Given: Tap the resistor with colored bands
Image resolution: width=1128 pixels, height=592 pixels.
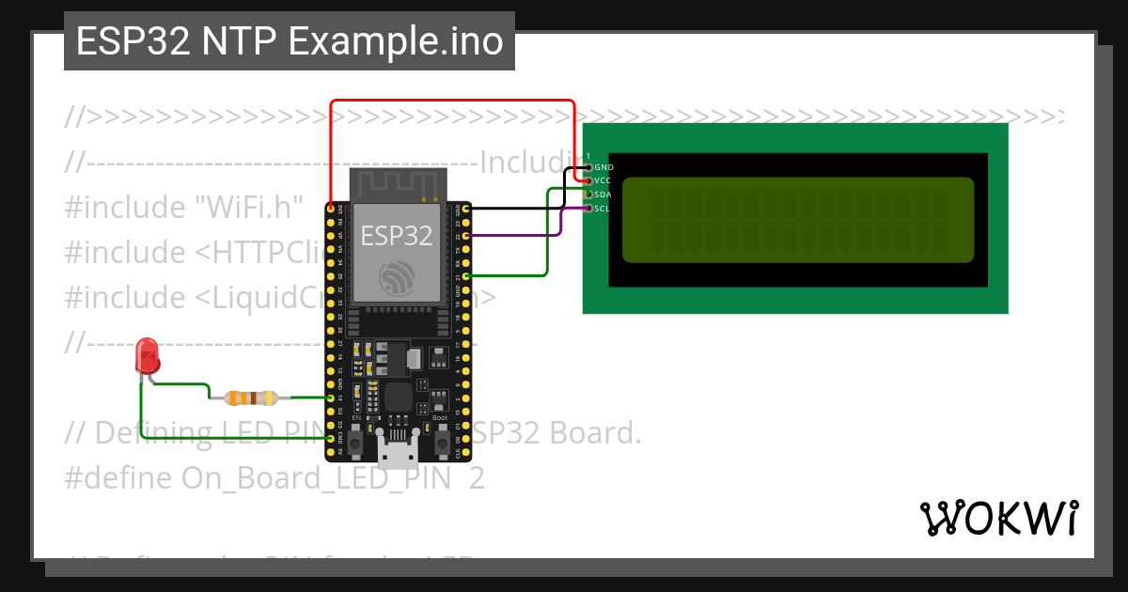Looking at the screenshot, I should tap(250, 397).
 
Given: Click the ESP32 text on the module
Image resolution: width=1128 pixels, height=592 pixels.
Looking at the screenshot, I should tap(397, 235).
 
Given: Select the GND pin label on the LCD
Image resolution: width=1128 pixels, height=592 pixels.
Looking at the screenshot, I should tap(603, 167).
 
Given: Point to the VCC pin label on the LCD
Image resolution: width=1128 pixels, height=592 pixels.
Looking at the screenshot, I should tap(603, 180).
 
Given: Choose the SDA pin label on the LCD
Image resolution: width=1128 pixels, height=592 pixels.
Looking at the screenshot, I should tap(603, 195).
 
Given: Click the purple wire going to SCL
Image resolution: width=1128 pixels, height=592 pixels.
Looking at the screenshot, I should tap(560, 222).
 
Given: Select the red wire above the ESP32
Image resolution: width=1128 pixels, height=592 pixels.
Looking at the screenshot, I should tap(451, 100).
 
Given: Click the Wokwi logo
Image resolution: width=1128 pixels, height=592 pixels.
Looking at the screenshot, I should tap(998, 518).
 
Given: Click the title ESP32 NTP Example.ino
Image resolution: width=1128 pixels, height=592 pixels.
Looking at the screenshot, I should tap(290, 42).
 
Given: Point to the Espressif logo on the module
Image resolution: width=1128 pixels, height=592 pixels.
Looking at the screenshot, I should tap(397, 276).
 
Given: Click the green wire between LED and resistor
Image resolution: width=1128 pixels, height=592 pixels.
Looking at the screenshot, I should tap(181, 384).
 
